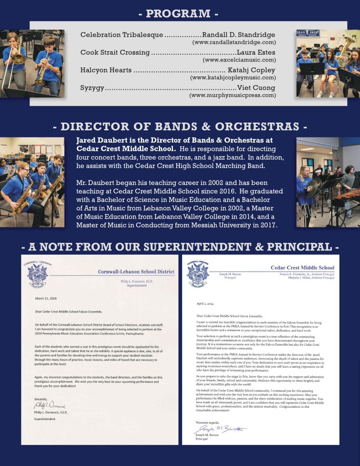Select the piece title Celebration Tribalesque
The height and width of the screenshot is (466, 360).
tap(122, 35)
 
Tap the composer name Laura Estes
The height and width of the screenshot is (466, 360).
tap(256, 52)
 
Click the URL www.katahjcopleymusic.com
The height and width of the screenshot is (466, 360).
tap(233, 78)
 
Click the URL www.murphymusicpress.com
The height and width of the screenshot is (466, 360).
tap(233, 95)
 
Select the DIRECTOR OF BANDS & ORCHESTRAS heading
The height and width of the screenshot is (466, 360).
tap(180, 126)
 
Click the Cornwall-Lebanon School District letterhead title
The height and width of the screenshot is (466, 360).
tap(136, 272)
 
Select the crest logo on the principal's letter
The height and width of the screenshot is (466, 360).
tap(198, 274)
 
